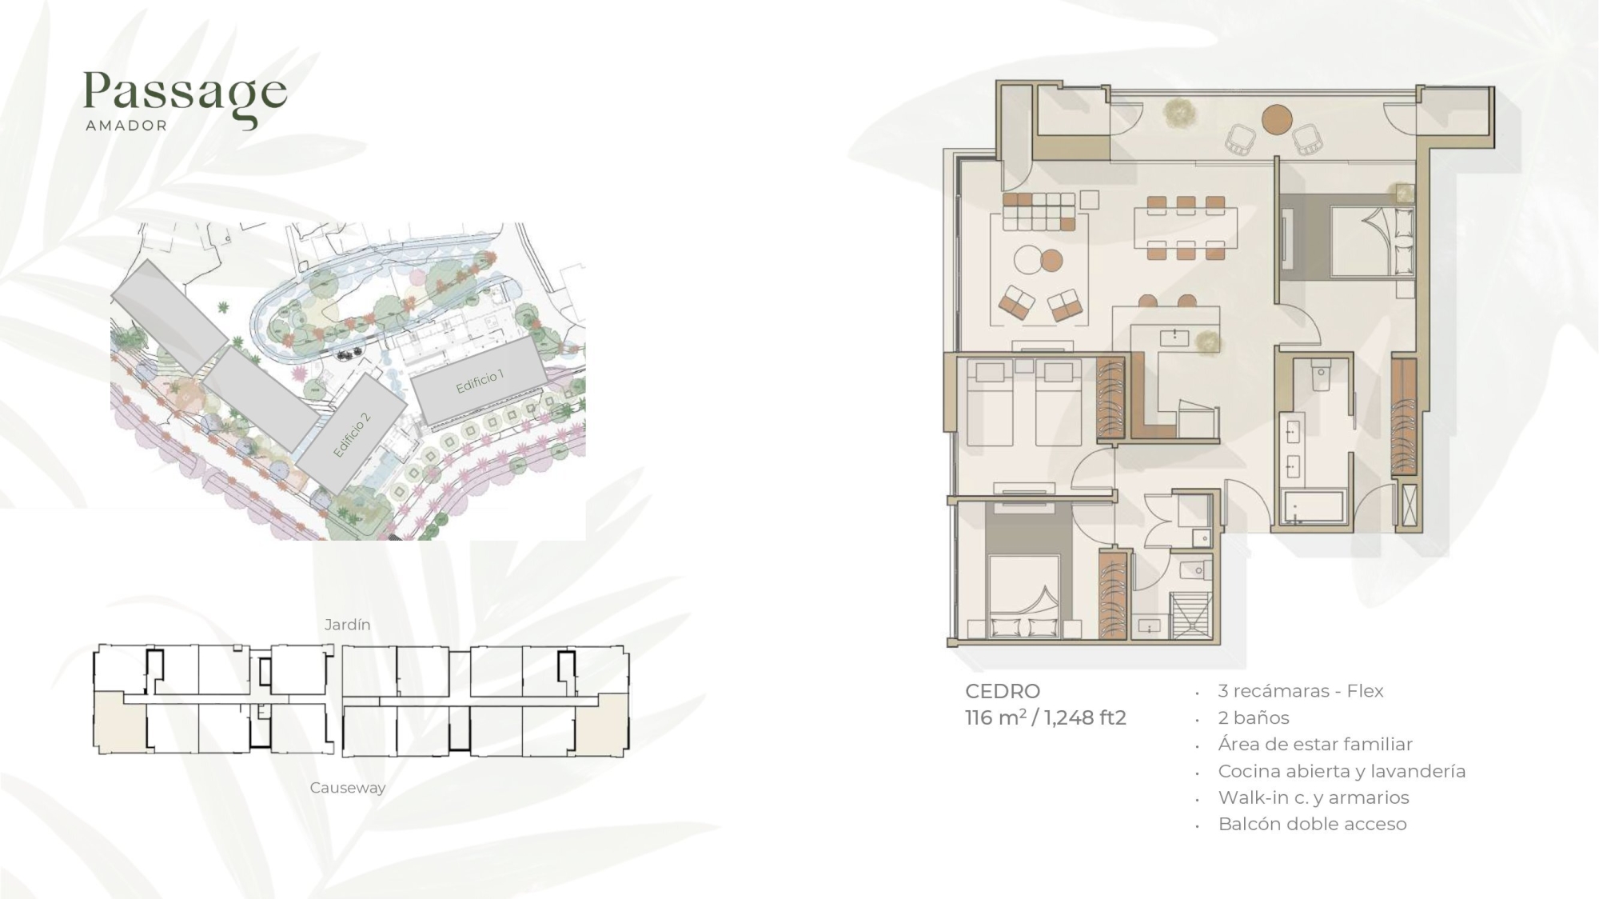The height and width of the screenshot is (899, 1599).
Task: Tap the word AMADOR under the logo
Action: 126,126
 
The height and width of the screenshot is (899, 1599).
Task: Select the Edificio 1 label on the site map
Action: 480,382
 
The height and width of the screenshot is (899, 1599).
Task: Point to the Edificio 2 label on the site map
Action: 352,435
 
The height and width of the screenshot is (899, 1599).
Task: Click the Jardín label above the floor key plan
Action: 348,625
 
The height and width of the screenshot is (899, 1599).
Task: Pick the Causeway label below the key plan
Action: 348,788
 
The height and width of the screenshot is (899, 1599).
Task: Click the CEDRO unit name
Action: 1003,691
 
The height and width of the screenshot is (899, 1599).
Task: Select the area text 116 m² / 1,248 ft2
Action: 1046,717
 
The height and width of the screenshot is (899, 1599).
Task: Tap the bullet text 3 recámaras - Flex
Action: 1301,691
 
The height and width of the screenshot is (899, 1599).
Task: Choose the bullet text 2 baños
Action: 1254,717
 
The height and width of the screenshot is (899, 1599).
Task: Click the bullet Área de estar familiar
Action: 1315,744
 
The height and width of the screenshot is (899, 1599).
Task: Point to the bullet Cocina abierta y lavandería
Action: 1342,771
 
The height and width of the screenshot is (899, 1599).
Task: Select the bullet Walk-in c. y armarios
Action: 1314,797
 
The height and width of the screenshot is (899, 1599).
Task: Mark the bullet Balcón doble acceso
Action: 1312,824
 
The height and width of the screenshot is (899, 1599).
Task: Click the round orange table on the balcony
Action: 1277,119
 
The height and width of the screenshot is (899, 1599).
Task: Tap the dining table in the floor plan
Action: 1186,228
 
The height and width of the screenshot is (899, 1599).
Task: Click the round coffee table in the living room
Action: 1027,260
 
